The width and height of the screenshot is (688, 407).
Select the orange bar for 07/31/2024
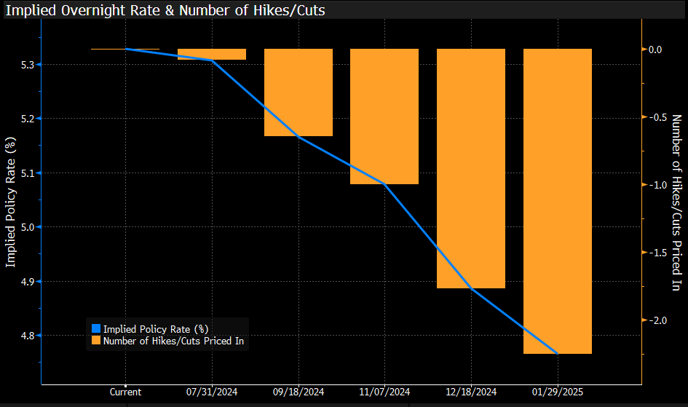[212, 54]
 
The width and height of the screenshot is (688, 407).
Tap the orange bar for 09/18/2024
[298, 92]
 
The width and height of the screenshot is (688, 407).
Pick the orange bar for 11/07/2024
[384, 116]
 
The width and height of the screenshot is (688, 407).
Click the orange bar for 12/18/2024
[471, 168]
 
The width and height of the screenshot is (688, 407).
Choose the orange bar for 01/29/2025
[558, 201]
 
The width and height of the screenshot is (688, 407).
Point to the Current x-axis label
[127, 391]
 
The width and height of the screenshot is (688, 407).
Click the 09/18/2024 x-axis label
[298, 391]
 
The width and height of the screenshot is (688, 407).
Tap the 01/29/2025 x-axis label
[558, 391]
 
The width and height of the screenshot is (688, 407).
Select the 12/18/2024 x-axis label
[471, 391]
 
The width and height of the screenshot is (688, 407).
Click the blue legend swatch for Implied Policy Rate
[95, 329]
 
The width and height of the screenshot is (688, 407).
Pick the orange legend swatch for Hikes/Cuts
[95, 340]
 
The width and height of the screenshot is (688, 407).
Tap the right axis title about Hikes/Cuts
[676, 203]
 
